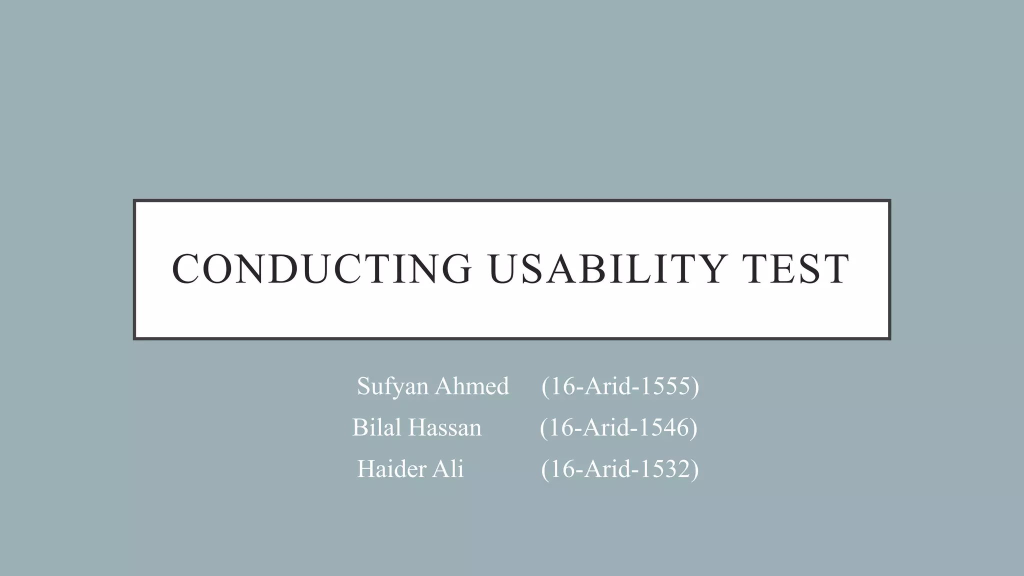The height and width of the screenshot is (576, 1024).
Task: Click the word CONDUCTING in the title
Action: tap(321, 269)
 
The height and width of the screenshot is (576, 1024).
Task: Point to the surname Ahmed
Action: tap(471, 386)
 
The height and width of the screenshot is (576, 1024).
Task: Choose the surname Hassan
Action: tap(444, 427)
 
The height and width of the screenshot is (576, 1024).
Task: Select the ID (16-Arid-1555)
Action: tap(620, 386)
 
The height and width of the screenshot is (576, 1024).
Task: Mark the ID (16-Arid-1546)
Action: tap(618, 427)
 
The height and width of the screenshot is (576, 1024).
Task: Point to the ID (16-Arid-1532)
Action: tap(620, 469)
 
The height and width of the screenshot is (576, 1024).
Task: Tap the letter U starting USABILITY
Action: tap(503, 269)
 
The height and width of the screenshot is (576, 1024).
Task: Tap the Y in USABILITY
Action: tap(710, 269)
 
